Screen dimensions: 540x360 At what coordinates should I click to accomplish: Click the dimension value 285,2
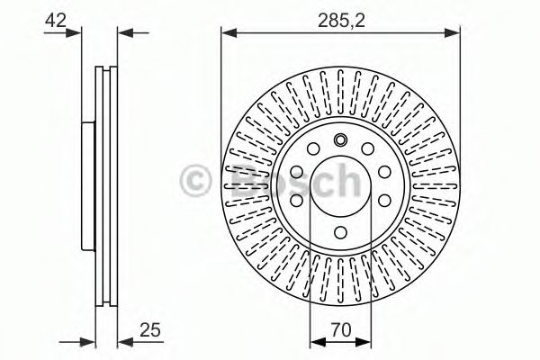tap(341, 21)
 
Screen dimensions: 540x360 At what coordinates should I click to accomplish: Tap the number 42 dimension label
tap(56, 21)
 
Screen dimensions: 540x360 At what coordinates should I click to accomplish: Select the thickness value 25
tap(150, 330)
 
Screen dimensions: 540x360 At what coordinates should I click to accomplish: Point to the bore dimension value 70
tap(340, 329)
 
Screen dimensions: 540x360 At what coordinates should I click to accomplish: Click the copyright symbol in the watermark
tap(195, 180)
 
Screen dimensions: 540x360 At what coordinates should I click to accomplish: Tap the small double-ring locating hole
tap(340, 139)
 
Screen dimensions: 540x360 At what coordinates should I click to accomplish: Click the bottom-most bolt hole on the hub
tap(340, 232)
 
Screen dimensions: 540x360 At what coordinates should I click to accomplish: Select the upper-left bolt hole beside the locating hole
tap(313, 148)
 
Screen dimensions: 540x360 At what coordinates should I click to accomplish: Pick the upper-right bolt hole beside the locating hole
tap(368, 148)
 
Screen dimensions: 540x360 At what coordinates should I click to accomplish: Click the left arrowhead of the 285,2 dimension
tap(229, 33)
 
